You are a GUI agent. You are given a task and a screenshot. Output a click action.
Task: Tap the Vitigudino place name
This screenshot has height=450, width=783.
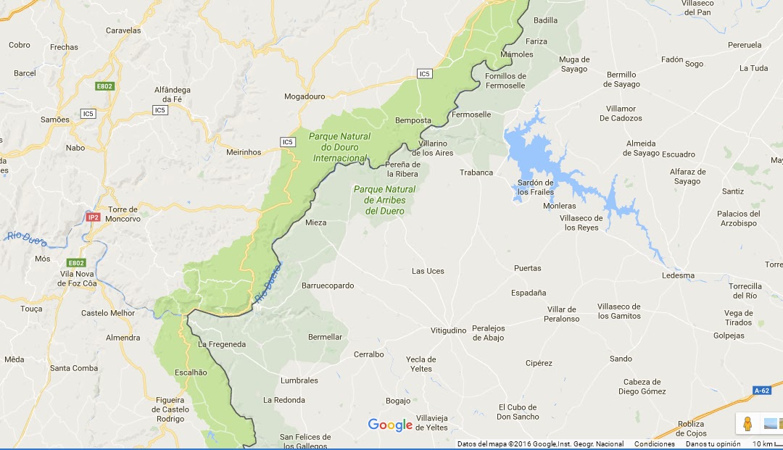449,330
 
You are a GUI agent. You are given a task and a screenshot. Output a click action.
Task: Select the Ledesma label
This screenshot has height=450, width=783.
678,275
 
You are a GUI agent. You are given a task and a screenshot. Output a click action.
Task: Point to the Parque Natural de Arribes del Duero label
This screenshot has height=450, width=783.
384,200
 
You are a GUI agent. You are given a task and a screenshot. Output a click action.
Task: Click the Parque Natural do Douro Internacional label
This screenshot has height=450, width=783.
339,147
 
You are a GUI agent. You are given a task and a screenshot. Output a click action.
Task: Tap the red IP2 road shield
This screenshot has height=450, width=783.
93,217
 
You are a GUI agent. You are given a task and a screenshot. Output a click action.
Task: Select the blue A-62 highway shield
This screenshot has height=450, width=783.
761,391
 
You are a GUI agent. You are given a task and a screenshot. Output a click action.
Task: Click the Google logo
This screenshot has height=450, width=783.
390,425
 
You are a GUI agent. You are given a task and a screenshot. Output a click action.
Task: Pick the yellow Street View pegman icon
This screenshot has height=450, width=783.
747,424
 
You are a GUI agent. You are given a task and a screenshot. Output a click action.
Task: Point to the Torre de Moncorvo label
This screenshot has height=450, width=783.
123,214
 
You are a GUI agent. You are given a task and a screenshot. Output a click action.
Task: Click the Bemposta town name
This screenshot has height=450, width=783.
413,120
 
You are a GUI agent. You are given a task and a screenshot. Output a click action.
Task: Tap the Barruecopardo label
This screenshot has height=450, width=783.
328,286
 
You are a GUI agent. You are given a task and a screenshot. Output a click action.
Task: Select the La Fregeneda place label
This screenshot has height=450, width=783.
222,343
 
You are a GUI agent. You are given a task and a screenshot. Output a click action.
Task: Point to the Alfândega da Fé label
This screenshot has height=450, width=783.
173,94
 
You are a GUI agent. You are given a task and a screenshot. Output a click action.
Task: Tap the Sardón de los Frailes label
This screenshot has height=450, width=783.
536,187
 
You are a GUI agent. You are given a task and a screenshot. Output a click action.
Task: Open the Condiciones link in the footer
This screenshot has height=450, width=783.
654,444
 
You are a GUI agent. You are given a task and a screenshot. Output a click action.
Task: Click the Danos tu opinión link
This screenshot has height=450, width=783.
713,444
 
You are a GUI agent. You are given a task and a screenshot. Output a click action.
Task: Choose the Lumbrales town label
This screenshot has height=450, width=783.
299,380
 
